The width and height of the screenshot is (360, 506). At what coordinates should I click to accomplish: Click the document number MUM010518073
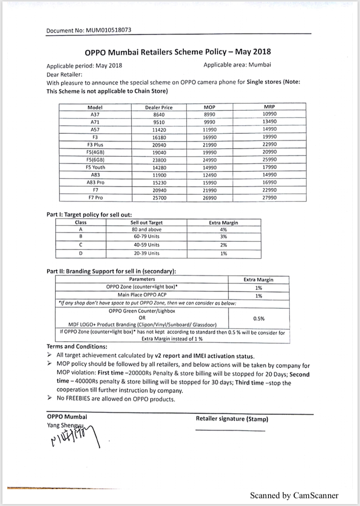(109, 30)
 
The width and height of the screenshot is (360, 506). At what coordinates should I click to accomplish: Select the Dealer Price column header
(158, 107)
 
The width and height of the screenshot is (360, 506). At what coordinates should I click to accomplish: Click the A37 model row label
(95, 114)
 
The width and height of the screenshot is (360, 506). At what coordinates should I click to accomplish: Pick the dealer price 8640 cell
(158, 114)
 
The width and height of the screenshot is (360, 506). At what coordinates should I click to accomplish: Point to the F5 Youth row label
(95, 167)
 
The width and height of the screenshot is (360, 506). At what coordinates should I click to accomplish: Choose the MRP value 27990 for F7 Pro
(270, 198)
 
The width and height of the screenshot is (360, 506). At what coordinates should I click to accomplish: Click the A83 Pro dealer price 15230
(158, 183)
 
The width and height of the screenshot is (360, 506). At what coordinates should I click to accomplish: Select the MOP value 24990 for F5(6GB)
(210, 160)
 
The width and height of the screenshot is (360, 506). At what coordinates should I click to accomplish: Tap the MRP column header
(270, 107)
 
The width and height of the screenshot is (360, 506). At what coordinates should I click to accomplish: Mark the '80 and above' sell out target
(146, 230)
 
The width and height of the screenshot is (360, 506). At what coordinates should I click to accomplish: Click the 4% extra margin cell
(224, 230)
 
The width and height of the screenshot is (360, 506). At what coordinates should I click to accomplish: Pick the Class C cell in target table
(81, 245)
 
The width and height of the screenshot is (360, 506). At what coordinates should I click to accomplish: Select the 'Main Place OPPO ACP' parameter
(142, 295)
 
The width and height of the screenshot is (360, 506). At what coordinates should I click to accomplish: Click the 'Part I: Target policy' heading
(89, 214)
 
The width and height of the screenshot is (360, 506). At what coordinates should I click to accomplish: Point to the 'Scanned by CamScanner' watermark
(294, 495)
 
